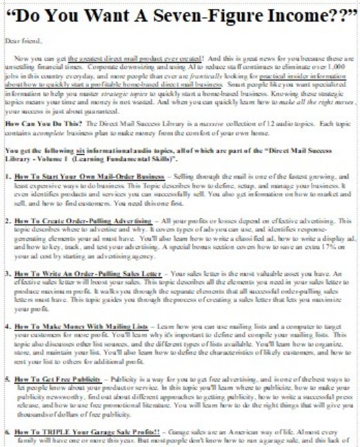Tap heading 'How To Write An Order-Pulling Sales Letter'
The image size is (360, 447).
point(92,272)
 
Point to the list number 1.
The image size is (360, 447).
point(7,177)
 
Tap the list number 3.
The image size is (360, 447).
point(7,272)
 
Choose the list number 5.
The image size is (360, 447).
point(7,379)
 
